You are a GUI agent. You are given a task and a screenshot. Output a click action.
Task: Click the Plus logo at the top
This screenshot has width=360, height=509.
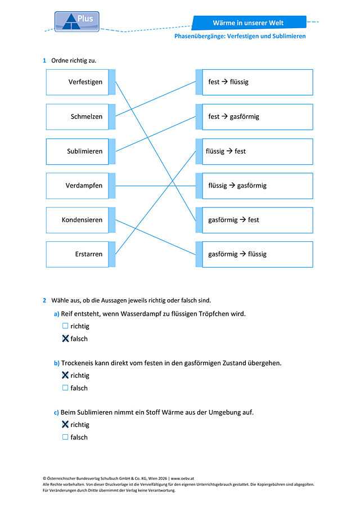click(77, 21)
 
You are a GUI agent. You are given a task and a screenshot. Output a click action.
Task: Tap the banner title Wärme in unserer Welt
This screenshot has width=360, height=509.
click(248, 22)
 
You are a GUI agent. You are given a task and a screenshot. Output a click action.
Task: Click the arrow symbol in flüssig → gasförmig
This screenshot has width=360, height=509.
click(232, 186)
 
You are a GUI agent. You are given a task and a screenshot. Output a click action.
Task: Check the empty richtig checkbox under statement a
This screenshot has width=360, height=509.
click(65, 326)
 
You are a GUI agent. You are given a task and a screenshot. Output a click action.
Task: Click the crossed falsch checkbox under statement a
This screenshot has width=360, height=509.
click(65, 338)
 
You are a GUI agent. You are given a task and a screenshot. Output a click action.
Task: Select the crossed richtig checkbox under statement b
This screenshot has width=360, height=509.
click(65, 375)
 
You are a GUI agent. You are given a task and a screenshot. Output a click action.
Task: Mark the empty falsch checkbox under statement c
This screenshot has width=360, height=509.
click(65, 437)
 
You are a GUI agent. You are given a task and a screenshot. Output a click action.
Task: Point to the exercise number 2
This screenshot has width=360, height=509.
click(44, 300)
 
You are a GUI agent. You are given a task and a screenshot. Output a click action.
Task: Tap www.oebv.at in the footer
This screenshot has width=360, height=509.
click(182, 478)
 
